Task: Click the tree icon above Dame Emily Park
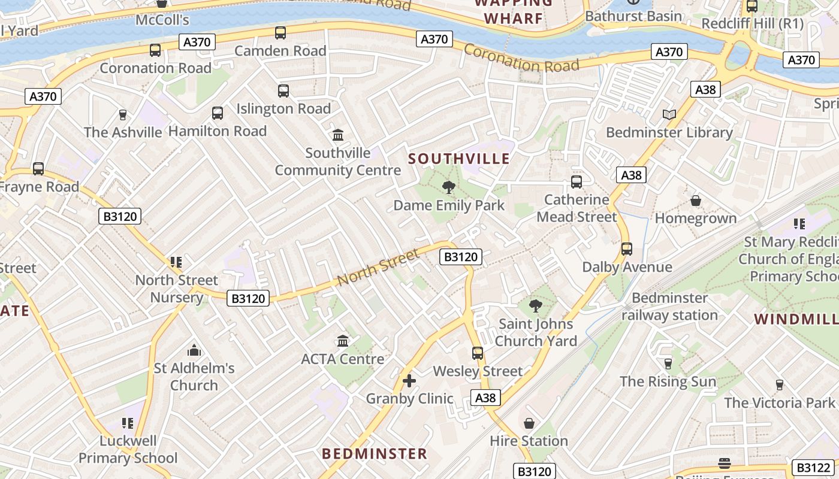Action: (x=448, y=187)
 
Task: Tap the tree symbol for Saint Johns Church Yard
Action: (x=536, y=306)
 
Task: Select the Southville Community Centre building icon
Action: (x=338, y=135)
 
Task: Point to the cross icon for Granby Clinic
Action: (x=409, y=380)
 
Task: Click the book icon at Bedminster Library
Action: (x=669, y=114)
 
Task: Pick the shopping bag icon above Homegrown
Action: (x=696, y=200)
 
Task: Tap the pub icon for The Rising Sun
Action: (x=668, y=363)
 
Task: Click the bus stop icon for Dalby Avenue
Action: (x=627, y=248)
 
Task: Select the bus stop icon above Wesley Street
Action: (x=478, y=353)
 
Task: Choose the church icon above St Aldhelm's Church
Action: (x=194, y=350)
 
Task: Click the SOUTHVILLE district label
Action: (x=459, y=159)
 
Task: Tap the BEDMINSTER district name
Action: (x=375, y=453)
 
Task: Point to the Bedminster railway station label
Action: (x=669, y=307)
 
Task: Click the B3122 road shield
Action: (x=811, y=467)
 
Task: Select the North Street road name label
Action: (x=378, y=267)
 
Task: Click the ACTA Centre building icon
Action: (x=343, y=341)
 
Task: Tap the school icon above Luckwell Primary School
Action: (x=127, y=423)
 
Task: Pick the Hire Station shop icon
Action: (x=529, y=423)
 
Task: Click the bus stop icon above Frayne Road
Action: (x=38, y=169)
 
